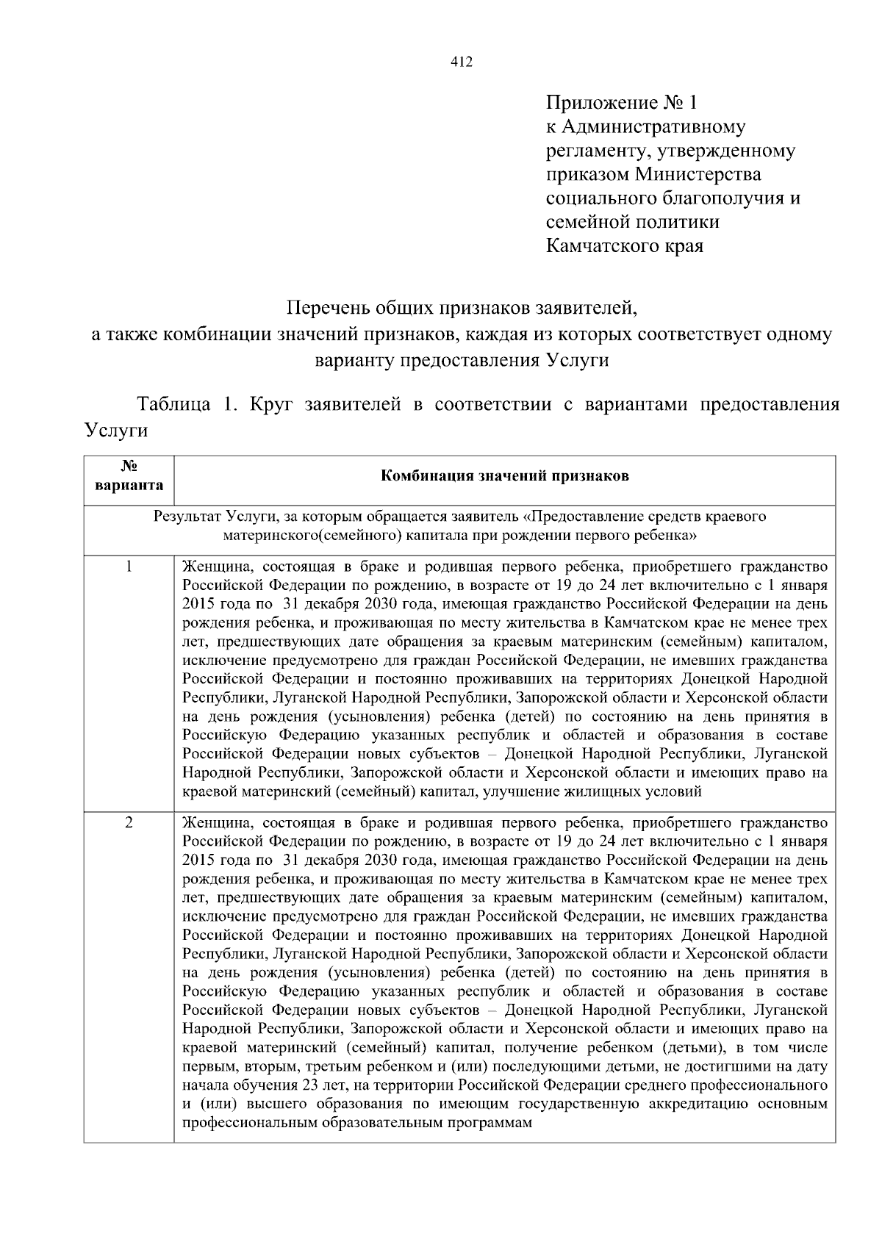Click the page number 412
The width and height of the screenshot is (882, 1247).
click(x=461, y=62)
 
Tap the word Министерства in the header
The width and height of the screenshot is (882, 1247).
click(x=698, y=174)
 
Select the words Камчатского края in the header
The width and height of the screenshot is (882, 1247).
click(x=625, y=245)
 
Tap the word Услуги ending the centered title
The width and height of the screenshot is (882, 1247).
click(x=578, y=360)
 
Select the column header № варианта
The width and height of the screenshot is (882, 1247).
click(x=129, y=475)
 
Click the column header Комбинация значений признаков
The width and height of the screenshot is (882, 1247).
click(x=504, y=475)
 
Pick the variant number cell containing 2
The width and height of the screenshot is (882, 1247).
click(x=129, y=822)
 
